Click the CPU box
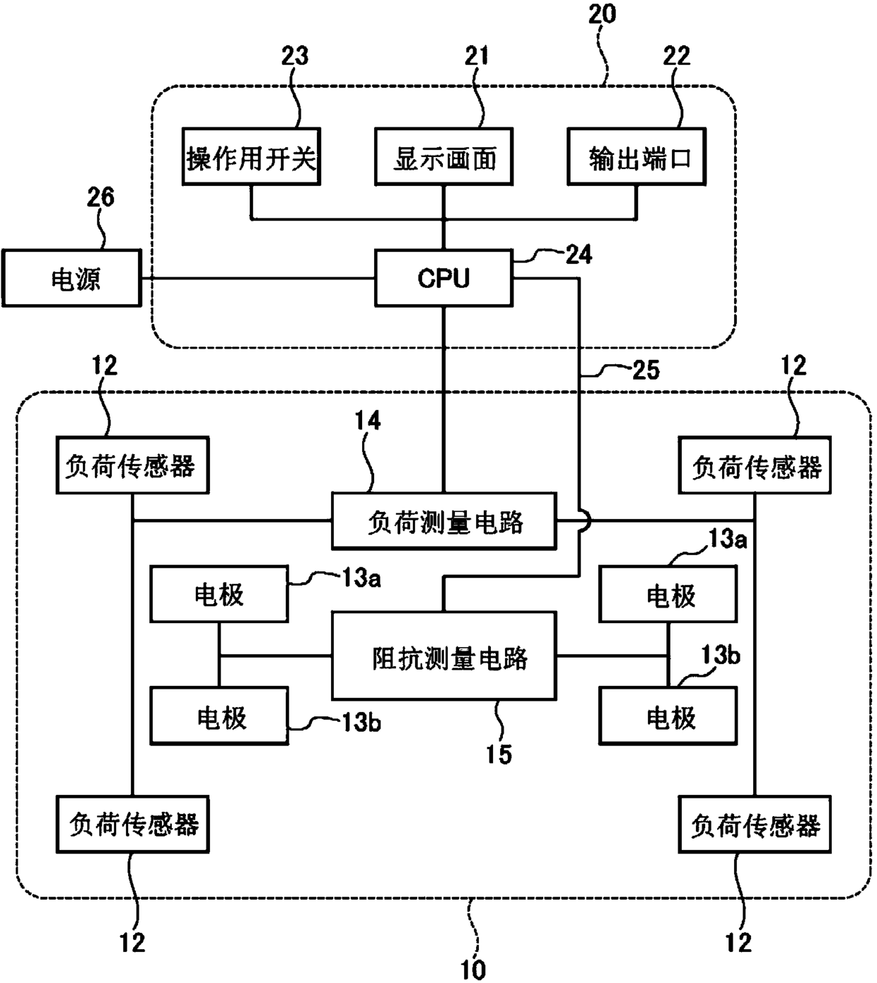(x=443, y=278)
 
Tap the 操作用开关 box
(x=250, y=157)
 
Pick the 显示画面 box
(x=443, y=157)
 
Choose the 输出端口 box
(x=637, y=157)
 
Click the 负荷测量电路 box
(x=444, y=522)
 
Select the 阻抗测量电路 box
(x=444, y=658)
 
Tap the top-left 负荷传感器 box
(x=132, y=465)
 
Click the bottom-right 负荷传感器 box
(x=755, y=825)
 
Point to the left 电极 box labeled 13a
(x=219, y=595)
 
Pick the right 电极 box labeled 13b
(x=668, y=716)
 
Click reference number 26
(x=100, y=197)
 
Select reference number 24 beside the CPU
(x=579, y=255)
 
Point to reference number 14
(x=367, y=421)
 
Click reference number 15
(x=499, y=754)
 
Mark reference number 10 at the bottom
(x=472, y=968)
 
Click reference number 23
(x=295, y=55)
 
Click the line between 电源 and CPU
(x=257, y=279)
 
